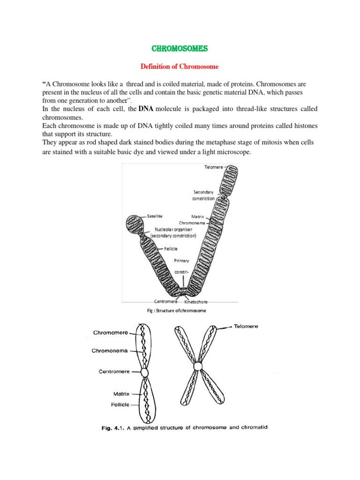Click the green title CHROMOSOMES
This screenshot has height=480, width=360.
(180, 49)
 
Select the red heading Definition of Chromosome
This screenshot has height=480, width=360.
(180, 67)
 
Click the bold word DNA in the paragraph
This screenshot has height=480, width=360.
(146, 109)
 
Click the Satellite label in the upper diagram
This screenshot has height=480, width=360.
(155, 216)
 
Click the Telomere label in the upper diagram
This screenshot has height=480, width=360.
(214, 167)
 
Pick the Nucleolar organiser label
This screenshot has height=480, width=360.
(173, 229)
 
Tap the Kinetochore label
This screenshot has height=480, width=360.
(196, 302)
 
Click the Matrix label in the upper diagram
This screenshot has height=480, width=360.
(197, 217)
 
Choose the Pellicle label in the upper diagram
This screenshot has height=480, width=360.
(171, 249)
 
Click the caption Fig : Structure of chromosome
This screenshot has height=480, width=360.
(177, 311)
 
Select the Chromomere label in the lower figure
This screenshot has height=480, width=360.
(111, 333)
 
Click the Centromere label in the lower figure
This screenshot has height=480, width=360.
(114, 372)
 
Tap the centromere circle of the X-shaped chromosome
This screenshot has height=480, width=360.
(198, 367)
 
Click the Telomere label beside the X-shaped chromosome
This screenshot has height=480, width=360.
(246, 326)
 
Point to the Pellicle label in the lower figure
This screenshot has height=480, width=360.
(120, 405)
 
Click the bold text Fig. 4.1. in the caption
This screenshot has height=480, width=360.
(113, 428)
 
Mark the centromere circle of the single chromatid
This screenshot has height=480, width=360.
(144, 373)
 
